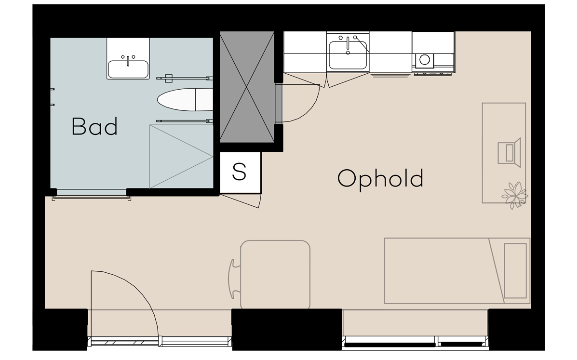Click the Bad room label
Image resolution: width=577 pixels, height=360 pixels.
94,126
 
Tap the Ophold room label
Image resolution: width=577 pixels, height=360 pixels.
380,178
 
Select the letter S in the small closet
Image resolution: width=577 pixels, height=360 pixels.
239,172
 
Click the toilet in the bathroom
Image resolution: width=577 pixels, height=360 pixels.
184,99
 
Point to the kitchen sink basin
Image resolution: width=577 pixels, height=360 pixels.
348,55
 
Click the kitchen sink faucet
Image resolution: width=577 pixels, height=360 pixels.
348,45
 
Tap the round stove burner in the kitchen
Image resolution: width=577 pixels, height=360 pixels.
425,59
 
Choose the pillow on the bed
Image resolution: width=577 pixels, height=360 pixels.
515,271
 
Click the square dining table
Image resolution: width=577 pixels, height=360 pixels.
275,275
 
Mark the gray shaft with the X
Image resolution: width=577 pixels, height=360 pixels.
247,87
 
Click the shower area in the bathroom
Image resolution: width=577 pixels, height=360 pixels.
181,157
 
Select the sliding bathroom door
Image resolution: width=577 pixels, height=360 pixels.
92,198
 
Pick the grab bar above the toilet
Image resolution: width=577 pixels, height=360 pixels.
184,78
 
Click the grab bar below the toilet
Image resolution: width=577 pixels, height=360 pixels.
184,120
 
